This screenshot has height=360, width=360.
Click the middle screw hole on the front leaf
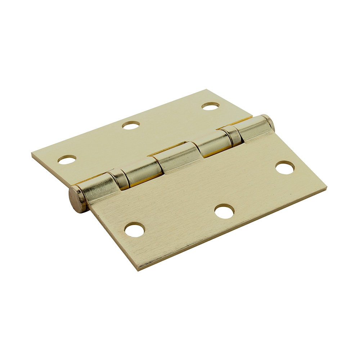224,211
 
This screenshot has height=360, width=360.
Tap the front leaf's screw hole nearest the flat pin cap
135,230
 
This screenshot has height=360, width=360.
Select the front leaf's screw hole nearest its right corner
285,167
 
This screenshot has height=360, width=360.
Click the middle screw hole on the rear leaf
131,125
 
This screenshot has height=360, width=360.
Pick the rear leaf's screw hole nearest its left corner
67,159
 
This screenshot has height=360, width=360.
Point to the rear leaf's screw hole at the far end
211,106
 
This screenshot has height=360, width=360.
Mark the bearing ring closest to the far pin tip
231,135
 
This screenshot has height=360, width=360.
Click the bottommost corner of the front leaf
140,269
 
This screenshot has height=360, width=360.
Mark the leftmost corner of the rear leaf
32,154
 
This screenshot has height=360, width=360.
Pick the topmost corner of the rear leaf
207,90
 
